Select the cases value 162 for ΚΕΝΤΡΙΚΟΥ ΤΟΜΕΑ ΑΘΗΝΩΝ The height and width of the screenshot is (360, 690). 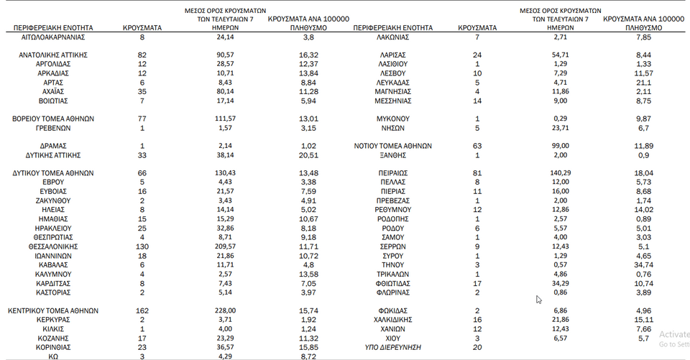coord(142,310)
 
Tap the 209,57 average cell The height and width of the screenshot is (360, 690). coord(225,246)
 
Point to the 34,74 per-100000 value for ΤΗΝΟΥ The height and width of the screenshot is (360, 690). coord(644,265)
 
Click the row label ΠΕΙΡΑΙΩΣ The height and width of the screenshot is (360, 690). coord(392,173)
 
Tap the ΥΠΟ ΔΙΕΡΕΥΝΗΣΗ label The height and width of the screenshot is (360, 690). coord(392,348)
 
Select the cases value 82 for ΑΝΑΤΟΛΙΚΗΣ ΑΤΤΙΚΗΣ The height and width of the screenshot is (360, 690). coord(142,55)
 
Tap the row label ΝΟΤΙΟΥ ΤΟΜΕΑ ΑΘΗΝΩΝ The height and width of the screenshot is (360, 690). coord(392,145)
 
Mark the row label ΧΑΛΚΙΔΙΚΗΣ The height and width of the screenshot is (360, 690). coord(392,320)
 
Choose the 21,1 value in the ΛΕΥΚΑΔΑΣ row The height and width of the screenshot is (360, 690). coord(644,82)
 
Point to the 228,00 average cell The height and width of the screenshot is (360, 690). coord(225,310)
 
